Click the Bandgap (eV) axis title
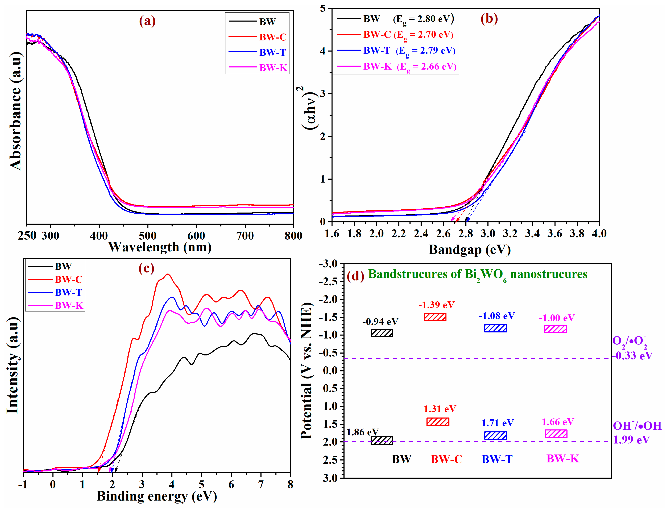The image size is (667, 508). tap(470, 250)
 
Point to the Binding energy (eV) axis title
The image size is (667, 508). tap(157, 497)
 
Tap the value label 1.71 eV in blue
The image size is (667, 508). tap(497, 423)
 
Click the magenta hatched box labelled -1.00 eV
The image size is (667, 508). tap(556, 329)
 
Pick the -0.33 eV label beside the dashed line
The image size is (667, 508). tap(632, 356)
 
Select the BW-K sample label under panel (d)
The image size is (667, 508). tap(563, 459)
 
